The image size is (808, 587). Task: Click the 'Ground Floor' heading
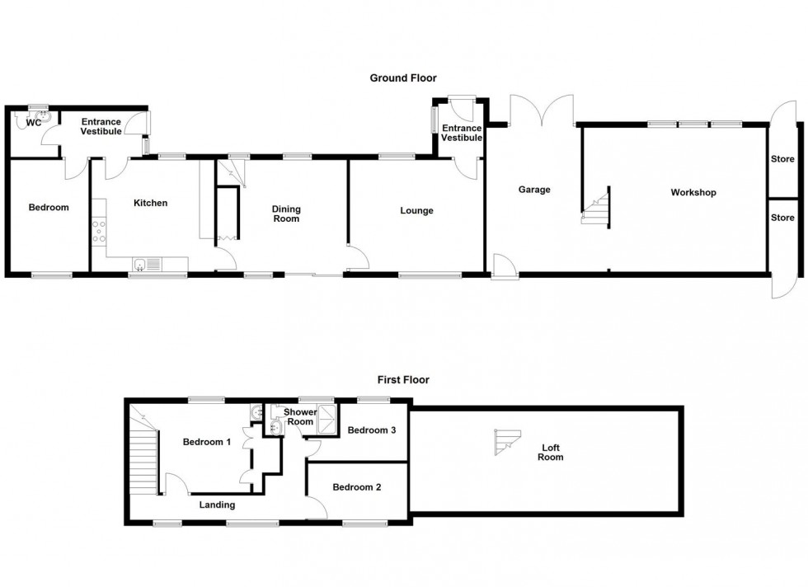(x=402, y=78)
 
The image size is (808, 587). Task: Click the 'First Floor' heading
(x=402, y=380)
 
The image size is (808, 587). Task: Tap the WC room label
(x=34, y=123)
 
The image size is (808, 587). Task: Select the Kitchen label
(x=150, y=203)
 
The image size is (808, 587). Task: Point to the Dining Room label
(x=286, y=214)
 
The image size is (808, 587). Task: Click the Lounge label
(x=416, y=211)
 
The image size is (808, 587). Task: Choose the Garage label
(x=533, y=190)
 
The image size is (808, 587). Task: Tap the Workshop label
(x=693, y=193)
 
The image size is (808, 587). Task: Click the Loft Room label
(x=551, y=453)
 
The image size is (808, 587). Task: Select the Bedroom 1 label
(x=206, y=442)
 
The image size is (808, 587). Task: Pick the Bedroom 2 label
(x=356, y=487)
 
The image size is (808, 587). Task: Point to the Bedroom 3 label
(x=371, y=430)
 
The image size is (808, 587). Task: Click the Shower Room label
(x=300, y=416)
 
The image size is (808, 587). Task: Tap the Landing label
(x=217, y=505)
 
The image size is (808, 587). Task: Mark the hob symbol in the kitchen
(x=100, y=231)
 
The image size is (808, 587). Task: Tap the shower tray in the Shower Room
(x=327, y=418)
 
